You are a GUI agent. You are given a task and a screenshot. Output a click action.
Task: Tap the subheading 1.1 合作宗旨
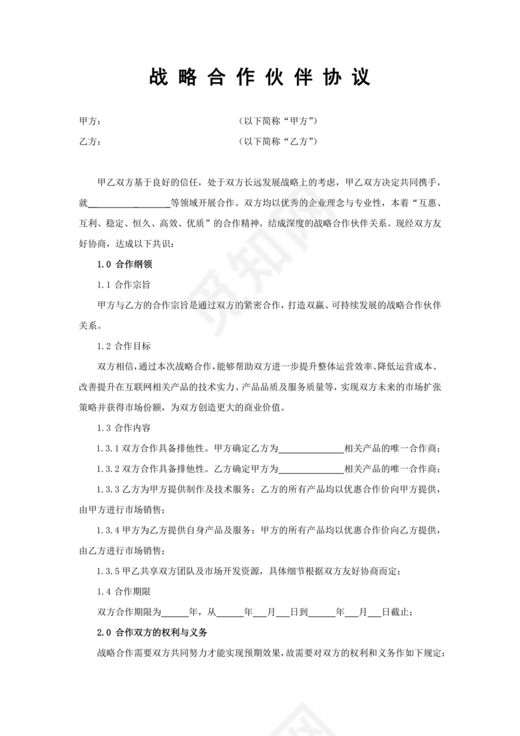[x=124, y=285]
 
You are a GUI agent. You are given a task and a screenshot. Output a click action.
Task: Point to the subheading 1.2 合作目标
[x=124, y=346]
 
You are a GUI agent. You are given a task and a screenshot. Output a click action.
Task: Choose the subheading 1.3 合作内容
[x=124, y=428]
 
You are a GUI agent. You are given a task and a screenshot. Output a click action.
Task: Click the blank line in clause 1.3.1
[x=311, y=449]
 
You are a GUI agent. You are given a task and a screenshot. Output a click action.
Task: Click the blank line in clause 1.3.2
[x=311, y=469]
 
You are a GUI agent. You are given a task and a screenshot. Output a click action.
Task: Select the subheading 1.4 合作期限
[x=124, y=591]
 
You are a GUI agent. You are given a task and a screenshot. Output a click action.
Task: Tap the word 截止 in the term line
[x=401, y=612]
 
